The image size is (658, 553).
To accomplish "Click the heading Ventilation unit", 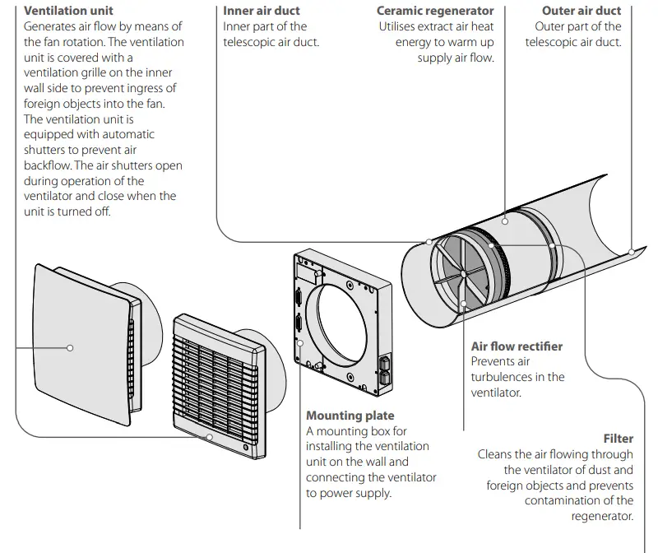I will [x=68, y=11].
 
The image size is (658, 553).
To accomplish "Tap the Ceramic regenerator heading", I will [x=435, y=11].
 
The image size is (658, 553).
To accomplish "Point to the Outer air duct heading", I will [x=582, y=11].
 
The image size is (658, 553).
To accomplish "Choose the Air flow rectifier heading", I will [x=517, y=346].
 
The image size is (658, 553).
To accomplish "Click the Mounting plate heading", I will [x=350, y=416].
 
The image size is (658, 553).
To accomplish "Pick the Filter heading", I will [x=618, y=439].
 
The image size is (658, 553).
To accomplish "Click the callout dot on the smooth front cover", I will [x=70, y=348].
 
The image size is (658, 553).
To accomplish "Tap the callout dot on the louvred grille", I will [x=211, y=437].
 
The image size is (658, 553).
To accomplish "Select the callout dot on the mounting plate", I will [x=300, y=342].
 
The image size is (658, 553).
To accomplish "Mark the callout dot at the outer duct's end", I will [x=631, y=252].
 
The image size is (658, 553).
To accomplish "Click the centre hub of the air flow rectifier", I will [x=464, y=272].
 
